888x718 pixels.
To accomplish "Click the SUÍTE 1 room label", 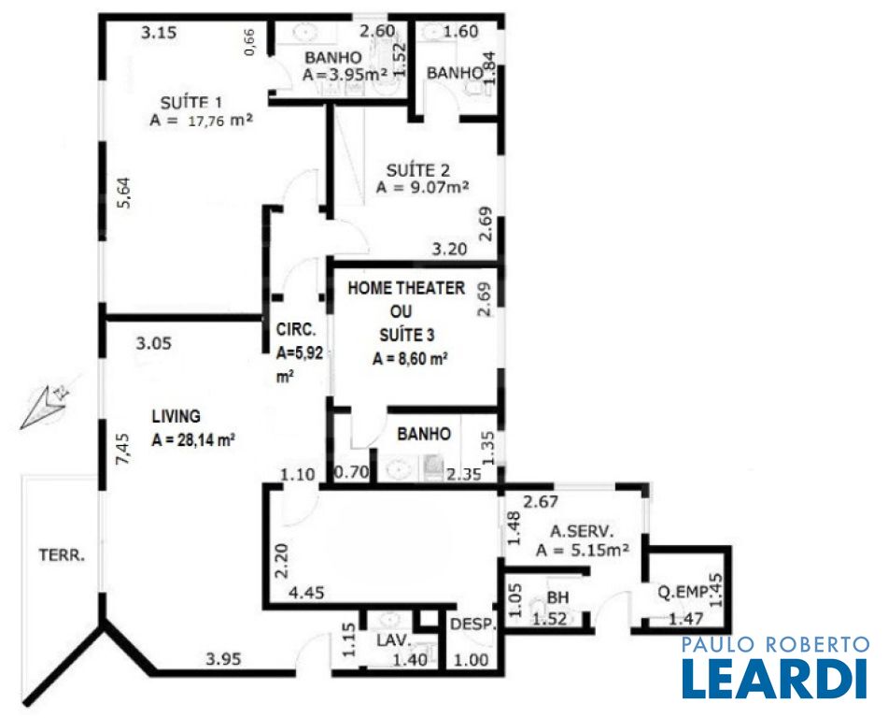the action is click(190, 103).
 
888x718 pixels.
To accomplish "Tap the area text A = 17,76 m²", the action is click(201, 121).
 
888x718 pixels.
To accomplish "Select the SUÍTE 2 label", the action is click(418, 170).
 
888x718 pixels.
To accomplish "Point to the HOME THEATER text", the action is click(406, 288).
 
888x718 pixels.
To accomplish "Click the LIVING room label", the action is click(176, 416).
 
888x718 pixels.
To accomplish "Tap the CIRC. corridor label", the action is click(296, 329).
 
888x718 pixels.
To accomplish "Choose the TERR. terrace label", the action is click(62, 555).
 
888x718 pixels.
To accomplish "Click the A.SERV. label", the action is click(582, 532).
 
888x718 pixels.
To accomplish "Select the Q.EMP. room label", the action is click(683, 593).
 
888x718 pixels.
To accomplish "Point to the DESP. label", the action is click(473, 625).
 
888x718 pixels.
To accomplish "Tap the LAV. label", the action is click(394, 640).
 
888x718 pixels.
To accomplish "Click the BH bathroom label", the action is click(557, 597).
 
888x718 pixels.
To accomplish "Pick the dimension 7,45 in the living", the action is click(124, 449).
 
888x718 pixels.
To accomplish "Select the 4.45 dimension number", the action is click(306, 594).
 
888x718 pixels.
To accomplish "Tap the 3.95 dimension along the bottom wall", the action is click(223, 659).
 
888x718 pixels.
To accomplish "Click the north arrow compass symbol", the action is click(46, 405).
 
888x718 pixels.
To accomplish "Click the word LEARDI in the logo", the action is click(775, 679).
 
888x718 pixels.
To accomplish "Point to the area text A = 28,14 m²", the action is click(193, 440).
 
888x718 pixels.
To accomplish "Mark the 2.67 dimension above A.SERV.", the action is click(541, 502).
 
